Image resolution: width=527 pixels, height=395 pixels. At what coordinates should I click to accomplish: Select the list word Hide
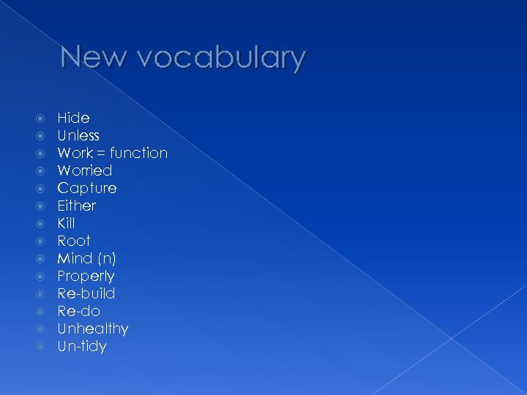point(73,118)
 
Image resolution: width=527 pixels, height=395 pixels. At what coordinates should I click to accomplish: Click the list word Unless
point(78,135)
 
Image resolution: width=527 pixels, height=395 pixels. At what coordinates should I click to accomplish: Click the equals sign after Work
point(102,154)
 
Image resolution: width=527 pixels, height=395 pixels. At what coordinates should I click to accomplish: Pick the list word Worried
point(85,170)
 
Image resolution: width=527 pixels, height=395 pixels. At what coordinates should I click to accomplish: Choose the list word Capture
point(87,189)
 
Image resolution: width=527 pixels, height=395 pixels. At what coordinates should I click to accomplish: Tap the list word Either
point(77,206)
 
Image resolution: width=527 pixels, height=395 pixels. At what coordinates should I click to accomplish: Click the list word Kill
point(66,223)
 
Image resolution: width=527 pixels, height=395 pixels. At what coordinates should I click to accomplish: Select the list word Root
point(74,241)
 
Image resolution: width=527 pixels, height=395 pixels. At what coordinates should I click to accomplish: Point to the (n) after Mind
point(108,259)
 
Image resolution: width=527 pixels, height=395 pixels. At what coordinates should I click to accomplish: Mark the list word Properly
point(86,276)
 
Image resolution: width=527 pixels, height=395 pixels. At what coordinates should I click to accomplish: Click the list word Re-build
point(86,293)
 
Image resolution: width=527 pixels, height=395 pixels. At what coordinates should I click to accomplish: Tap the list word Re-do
point(78,311)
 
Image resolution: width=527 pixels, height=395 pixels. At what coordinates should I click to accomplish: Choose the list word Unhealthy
point(93,328)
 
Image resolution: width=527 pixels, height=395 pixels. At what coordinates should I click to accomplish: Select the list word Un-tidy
point(82,346)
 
